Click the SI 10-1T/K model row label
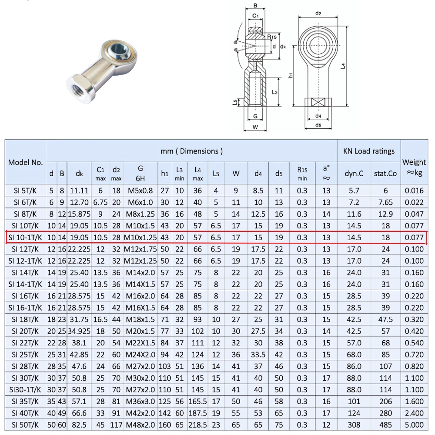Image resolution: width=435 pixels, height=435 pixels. coord(25,238)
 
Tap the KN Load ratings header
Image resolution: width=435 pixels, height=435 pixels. coord(368,151)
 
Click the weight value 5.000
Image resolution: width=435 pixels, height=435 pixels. coord(414,425)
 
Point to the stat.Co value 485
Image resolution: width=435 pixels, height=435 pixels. coord(385,425)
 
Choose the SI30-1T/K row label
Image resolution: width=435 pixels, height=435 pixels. coord(25,389)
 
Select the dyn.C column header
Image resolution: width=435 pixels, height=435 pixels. coord(354,173)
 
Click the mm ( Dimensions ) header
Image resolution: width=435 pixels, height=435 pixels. coord(191,151)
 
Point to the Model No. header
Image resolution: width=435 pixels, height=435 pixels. coord(25,162)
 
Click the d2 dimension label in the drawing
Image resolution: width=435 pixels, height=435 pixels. coord(318,13)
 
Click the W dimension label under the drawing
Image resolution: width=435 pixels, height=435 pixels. coord(255,127)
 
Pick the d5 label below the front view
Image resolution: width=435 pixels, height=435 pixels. coord(318,125)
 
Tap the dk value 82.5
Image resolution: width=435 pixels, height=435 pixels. coord(79,425)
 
